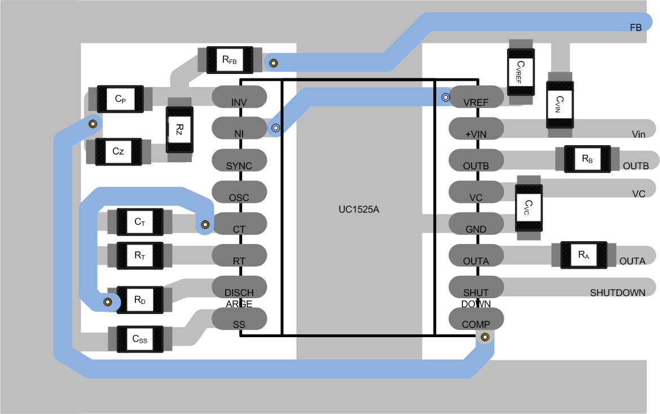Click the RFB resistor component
[230, 59]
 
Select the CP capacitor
[120, 99]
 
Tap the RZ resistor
[179, 130]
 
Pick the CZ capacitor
[118, 151]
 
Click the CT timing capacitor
[140, 222]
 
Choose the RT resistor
[140, 255]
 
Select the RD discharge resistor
[140, 300]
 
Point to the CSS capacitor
[139, 339]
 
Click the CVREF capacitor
[520, 72]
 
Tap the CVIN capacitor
[559, 105]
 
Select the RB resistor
[587, 159]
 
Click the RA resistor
[583, 255]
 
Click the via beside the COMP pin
[484, 338]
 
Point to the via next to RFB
[274, 63]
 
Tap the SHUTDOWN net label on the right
[618, 293]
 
